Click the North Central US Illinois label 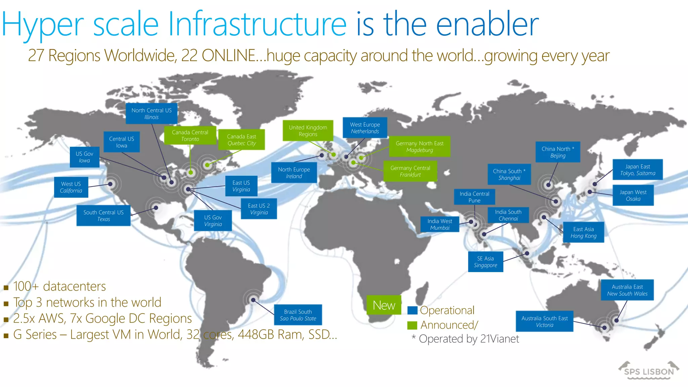152,114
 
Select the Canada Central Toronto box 190,135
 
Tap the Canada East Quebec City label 242,140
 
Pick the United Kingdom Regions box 308,131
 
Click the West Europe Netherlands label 365,128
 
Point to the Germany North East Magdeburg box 420,146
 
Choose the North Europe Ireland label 294,173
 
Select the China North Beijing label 558,152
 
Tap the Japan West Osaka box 633,195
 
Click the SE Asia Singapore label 485,262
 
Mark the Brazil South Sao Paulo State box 298,315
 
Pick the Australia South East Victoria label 545,321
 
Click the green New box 384,305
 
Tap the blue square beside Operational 412,310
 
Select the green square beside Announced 412,325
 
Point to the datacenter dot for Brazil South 253,300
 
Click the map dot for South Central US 156,208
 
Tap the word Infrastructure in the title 257,24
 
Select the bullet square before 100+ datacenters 6,288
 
